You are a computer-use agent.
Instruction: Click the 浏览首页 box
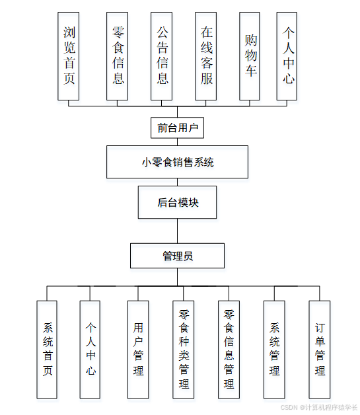[69, 56]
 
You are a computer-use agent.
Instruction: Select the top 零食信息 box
[117, 56]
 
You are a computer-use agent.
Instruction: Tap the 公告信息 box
[162, 56]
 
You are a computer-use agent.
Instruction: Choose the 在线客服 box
[206, 56]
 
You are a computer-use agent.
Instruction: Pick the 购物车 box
[250, 56]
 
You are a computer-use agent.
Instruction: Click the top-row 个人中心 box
[287, 56]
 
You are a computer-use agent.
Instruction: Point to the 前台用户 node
[178, 128]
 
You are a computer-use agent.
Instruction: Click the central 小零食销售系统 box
[178, 162]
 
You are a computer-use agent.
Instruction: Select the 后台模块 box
[178, 202]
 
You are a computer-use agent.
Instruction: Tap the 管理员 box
[178, 256]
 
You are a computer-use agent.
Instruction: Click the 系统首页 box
[48, 350]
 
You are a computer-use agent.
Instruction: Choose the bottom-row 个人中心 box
[90, 350]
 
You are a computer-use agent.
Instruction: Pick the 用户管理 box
[138, 350]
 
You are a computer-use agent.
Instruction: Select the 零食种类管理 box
[184, 350]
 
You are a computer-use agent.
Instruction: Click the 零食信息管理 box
[229, 350]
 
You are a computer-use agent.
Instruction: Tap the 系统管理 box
[274, 350]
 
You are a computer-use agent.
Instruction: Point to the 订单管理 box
[319, 350]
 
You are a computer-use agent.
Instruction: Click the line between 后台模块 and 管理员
[178, 231]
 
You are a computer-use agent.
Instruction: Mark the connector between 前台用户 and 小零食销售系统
[178, 141]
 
